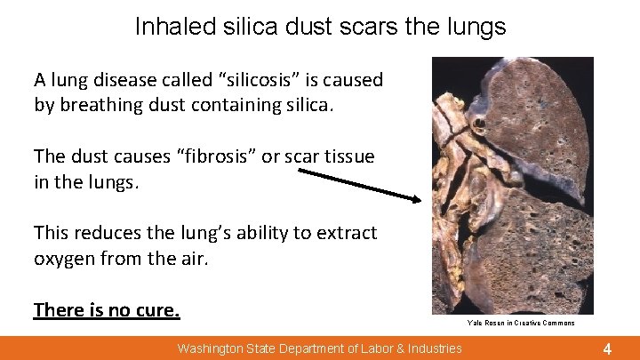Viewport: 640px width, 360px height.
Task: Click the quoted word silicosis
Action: pos(265,80)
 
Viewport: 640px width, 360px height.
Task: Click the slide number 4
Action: pos(607,348)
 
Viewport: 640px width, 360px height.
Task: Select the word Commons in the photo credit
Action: pos(558,324)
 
